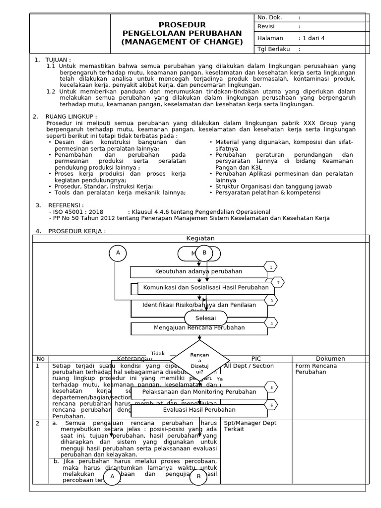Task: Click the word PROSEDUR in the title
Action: [x=182, y=25]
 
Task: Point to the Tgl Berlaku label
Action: [x=273, y=49]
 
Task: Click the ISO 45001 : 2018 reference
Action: [x=75, y=212]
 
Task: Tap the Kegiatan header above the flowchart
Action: [x=200, y=238]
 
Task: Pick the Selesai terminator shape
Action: [x=206, y=317]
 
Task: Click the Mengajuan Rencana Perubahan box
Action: [x=199, y=328]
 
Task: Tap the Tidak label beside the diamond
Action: [x=158, y=353]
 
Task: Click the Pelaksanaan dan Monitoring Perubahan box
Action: [x=199, y=392]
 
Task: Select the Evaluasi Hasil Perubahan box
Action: [x=199, y=410]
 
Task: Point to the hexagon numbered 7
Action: [x=278, y=283]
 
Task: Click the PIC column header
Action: [x=256, y=359]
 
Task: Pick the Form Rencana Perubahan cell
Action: [x=316, y=369]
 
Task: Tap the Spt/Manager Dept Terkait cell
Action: [x=250, y=426]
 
